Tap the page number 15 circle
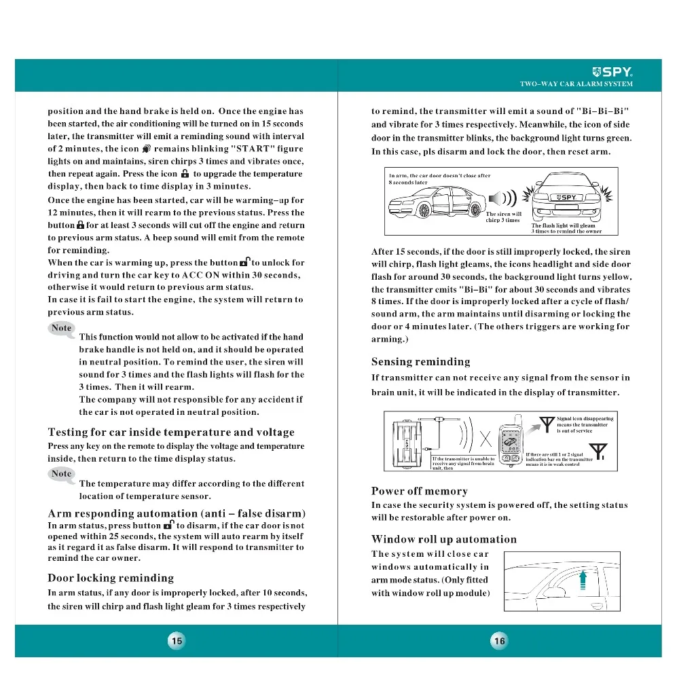177,640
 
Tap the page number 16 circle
500,640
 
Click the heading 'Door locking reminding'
111,578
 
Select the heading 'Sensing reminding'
420,362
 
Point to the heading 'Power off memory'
419,491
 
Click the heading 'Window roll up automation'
443,539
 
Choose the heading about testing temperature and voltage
171,432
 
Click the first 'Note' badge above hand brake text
62,328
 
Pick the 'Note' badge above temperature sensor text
62,473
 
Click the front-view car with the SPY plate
567,198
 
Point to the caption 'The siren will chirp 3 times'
503,217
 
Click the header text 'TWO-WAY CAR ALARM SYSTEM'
576,84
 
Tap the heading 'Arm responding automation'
177,513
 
